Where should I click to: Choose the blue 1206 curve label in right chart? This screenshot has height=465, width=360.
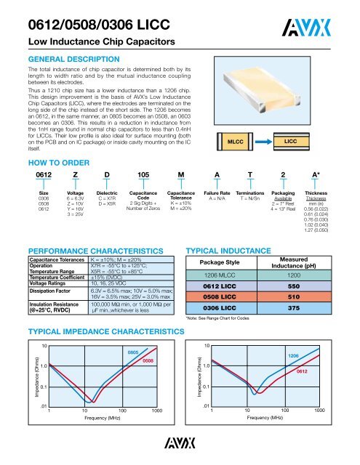[x=294, y=356]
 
